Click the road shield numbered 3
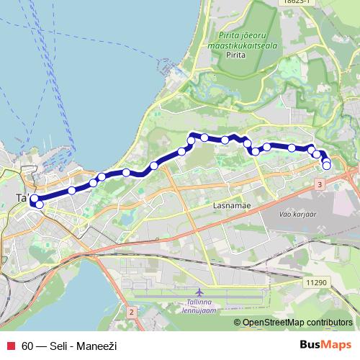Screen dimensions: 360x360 319,185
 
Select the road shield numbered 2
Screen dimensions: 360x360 131,312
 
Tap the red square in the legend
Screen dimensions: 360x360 9,346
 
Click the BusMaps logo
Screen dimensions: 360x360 325,345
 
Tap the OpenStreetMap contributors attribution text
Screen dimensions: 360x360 297,323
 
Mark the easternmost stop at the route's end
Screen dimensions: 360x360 327,166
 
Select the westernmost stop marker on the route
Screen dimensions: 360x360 33,199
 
